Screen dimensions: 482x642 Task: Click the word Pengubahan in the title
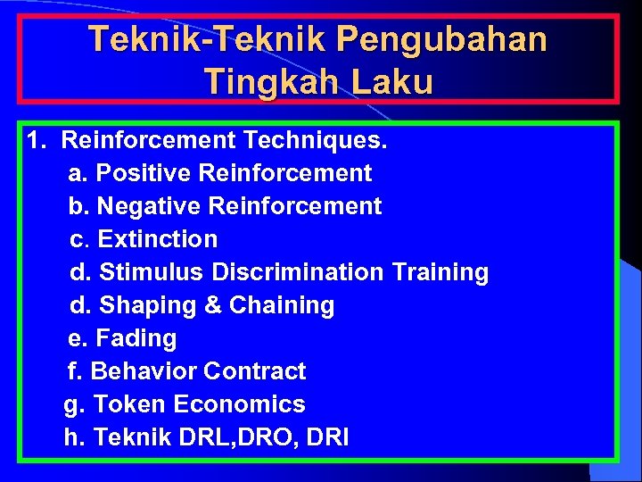[x=443, y=40]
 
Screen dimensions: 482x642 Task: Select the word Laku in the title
[x=391, y=83]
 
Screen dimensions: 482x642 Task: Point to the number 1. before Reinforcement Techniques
[x=37, y=140]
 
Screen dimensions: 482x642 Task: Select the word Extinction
[x=158, y=239]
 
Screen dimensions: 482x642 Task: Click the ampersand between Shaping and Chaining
[x=213, y=305]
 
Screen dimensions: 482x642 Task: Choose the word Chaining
[x=282, y=305]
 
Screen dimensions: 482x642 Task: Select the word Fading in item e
[x=136, y=338]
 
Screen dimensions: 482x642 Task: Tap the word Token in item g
[x=130, y=404]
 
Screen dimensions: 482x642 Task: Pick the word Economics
[x=240, y=404]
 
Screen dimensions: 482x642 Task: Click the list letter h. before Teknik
[x=74, y=437]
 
